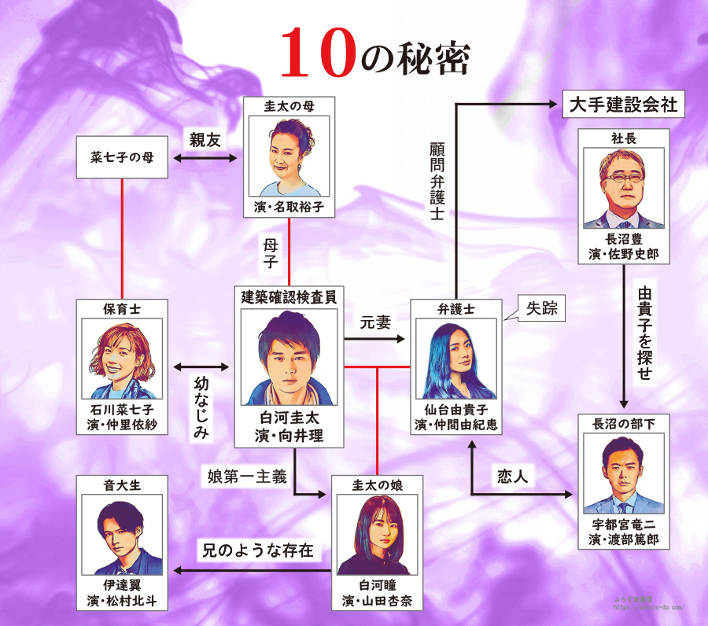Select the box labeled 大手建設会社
(x=621, y=105)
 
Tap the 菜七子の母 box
(x=122, y=157)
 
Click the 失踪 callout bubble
(x=542, y=309)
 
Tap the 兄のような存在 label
(x=255, y=551)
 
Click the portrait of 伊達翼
(x=122, y=535)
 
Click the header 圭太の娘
(x=377, y=485)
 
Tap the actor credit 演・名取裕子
(x=289, y=208)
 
